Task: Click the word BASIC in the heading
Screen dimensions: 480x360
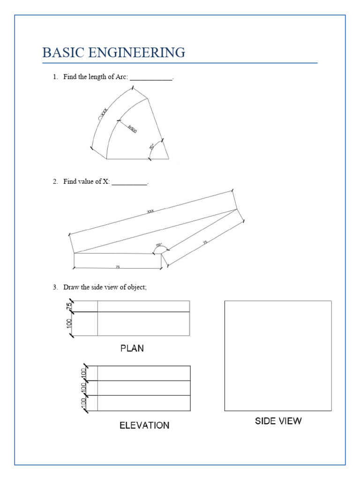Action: coord(60,52)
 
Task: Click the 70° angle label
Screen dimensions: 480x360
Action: coord(152,147)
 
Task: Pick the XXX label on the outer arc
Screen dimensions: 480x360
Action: coord(104,113)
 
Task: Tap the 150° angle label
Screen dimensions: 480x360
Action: coord(159,245)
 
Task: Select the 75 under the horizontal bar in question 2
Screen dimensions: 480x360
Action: coord(118,267)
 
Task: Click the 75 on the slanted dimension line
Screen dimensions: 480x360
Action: coord(205,242)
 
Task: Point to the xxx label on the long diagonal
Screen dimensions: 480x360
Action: coord(150,211)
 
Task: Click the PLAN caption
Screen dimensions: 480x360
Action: coord(132,348)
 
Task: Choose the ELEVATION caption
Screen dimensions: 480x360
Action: coord(144,426)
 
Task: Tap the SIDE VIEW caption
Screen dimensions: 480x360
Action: coord(278,421)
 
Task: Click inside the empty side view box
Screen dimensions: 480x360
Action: coord(278,356)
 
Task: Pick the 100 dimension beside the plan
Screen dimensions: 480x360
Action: coord(69,323)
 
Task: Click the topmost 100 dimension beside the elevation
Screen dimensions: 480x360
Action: coord(83,374)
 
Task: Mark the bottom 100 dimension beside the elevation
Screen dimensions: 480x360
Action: coord(83,403)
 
